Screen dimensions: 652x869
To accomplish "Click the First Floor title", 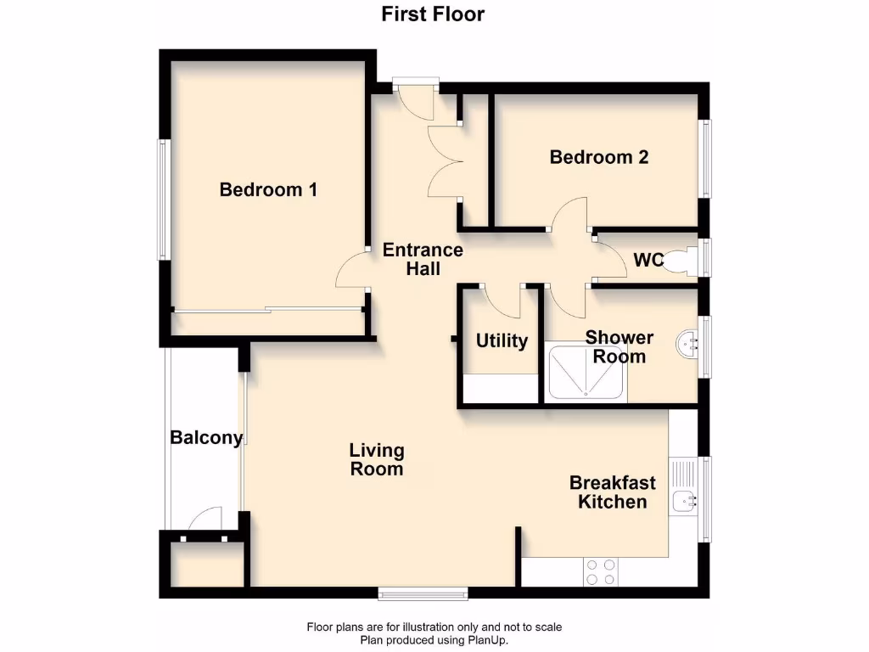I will pos(433,14).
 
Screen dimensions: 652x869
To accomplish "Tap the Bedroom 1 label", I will pos(268,189).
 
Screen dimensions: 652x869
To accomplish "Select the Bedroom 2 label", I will pos(599,157).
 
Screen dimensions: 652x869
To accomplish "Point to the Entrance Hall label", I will pos(423,259).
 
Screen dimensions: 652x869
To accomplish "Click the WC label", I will pos(648,260).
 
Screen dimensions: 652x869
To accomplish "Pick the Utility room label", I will pos(502,340).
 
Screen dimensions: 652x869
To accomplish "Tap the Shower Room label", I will pos(620,346).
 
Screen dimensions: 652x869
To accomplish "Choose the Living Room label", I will pos(377,459).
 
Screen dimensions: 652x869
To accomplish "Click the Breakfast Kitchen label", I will pos(612,492).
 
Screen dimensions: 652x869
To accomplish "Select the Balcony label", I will pos(206,438).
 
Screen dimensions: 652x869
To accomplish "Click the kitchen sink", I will pos(683,501).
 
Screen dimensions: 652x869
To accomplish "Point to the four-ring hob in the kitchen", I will pos(600,571).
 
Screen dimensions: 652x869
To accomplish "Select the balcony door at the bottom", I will pos(203,520).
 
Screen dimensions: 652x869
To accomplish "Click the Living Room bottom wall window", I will pos(423,593).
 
